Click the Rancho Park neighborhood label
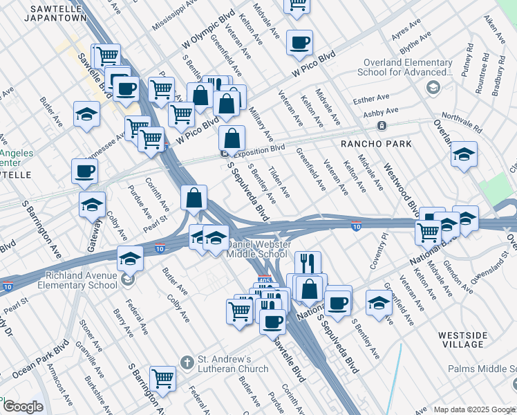pos(376,144)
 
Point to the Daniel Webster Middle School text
pos(257,249)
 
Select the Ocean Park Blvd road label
pos(41,360)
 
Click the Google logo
pos(23,407)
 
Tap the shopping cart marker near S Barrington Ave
pos(163,378)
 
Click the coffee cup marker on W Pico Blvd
pos(299,43)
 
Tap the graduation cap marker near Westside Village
pos(379,303)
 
